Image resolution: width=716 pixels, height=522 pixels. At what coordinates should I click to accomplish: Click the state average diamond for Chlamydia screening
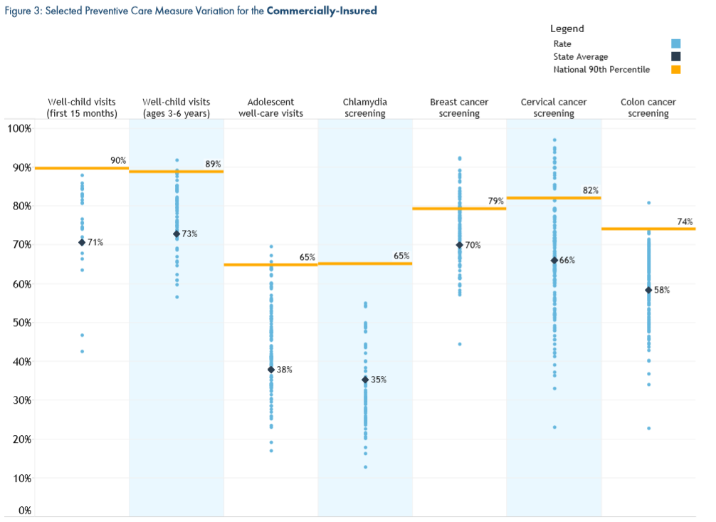coord(365,380)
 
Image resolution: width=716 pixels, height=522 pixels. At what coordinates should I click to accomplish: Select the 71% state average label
coord(95,243)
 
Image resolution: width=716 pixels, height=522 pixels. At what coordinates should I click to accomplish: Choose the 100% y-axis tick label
coord(19,128)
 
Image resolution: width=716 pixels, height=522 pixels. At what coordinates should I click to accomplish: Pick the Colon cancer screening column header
coord(648,108)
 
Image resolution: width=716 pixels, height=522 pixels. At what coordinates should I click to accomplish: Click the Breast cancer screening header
coord(459,108)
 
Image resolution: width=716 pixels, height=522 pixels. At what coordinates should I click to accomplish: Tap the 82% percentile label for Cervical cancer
coord(591,190)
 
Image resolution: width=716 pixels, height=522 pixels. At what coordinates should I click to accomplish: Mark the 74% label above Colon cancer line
coord(685,221)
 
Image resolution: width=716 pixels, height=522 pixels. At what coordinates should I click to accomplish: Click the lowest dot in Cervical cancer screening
coord(554,427)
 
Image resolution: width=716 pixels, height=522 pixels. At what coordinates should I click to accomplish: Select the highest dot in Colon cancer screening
coord(648,203)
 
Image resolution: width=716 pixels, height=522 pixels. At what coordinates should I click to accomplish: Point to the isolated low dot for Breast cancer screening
coord(460,344)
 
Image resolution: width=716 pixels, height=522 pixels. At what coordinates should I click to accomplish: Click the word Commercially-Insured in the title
coord(322,11)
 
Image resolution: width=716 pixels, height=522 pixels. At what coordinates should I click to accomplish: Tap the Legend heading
coord(567,29)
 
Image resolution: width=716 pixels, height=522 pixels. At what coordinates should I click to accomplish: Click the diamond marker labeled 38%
coord(271,370)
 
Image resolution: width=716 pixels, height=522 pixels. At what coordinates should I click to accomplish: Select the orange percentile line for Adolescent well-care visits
coord(271,265)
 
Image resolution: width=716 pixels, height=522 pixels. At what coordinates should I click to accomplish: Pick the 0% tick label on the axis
coord(24,510)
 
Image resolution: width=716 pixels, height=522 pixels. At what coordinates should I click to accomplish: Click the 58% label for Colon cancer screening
coord(662,290)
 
